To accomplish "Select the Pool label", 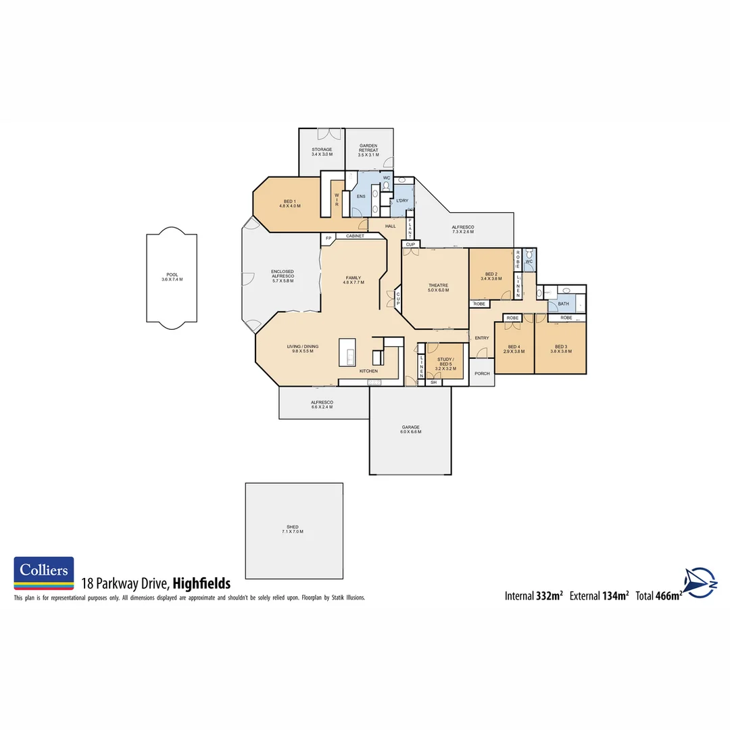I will pos(172,277).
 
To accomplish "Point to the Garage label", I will pos(410,429).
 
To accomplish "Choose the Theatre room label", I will pos(438,288).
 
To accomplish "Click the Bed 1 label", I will pos(289,203).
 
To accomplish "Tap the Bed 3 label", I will pos(560,349).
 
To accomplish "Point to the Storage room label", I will pos(322,152).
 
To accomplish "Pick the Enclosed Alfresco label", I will pos(283,274).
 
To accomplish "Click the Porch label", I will pos(482,374).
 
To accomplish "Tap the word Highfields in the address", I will pos(201,583).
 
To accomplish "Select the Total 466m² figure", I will pos(658,595).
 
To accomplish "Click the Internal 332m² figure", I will pos(533,595).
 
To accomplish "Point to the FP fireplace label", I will pos(328,238).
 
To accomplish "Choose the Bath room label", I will pos(563,304).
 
